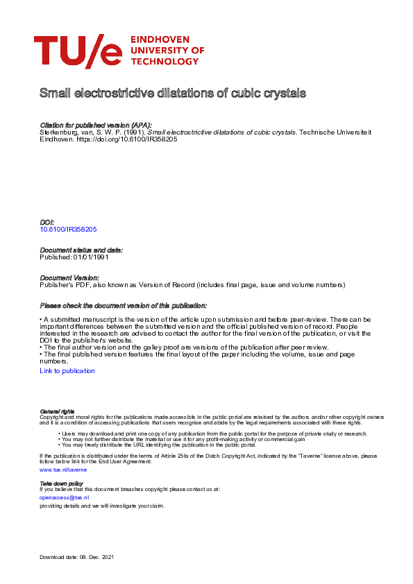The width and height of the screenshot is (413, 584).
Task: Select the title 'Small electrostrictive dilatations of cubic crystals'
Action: pyautogui.click(x=173, y=92)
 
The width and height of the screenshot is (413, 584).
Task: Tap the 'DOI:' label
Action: pyautogui.click(x=48, y=222)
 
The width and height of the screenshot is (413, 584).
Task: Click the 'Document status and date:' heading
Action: pyautogui.click(x=81, y=250)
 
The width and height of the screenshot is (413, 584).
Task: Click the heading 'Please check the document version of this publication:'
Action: pyautogui.click(x=124, y=306)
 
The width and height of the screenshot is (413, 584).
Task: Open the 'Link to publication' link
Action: pyautogui.click(x=67, y=371)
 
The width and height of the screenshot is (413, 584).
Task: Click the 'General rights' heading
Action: pyautogui.click(x=57, y=411)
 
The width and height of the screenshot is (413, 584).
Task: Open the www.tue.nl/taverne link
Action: pyautogui.click(x=63, y=470)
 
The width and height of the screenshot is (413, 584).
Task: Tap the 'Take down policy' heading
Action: pyautogui.click(x=61, y=483)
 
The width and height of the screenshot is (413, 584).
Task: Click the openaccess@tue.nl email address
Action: pyautogui.click(x=65, y=497)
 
